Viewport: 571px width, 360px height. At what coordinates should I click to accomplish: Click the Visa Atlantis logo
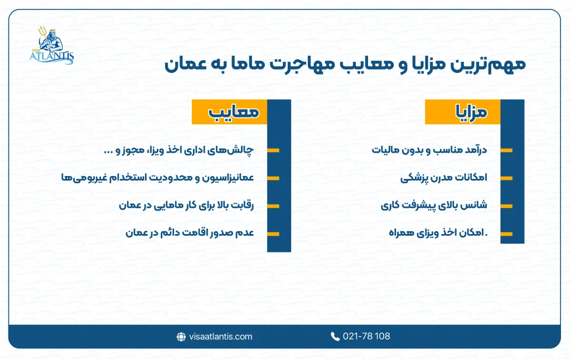(x=51, y=46)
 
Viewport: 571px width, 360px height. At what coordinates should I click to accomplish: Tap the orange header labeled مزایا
(x=463, y=112)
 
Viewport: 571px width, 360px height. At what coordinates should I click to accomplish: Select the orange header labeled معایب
(x=230, y=112)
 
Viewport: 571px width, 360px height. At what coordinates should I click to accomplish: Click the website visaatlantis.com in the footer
(x=221, y=337)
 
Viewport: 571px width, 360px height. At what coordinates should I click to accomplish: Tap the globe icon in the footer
(x=181, y=337)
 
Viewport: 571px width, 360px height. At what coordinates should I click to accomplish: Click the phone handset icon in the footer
(x=335, y=337)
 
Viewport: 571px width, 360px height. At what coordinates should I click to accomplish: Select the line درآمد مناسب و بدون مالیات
(x=429, y=150)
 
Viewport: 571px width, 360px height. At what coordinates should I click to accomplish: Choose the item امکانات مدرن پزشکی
(x=444, y=178)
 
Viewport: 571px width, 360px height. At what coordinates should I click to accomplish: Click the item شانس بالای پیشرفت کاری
(x=434, y=205)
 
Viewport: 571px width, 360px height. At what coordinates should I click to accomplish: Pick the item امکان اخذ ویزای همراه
(x=437, y=233)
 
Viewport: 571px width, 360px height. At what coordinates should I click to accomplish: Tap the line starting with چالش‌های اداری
(x=179, y=150)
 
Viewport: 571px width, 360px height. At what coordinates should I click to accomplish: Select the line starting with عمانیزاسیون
(x=157, y=178)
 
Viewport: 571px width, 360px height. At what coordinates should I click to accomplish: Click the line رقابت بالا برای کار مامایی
(x=186, y=205)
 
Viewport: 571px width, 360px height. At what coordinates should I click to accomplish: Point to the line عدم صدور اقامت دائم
(x=190, y=233)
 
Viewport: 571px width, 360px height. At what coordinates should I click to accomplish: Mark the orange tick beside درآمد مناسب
(x=506, y=150)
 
